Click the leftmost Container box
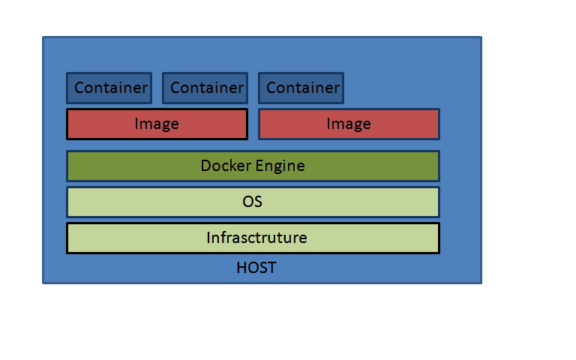coord(109,88)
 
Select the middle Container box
coord(205,88)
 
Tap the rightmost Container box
coord(301,88)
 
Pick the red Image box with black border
coord(157,124)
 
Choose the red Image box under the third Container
coord(349,124)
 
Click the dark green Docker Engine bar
coord(253,166)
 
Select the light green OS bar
coord(253,202)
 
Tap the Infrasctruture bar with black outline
coord(253,238)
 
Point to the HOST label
coord(256,268)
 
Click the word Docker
coord(226,166)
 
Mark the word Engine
coord(280,166)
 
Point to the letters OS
coord(252,202)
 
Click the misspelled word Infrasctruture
coord(256,238)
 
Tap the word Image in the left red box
coord(157,124)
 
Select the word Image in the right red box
coord(349,124)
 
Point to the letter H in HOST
coord(241,268)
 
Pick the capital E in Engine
coord(259,166)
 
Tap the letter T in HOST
coord(271,268)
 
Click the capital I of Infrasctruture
coord(208,238)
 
